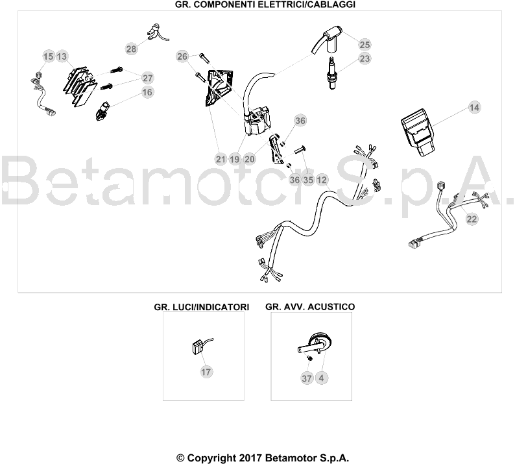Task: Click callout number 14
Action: pos(474,108)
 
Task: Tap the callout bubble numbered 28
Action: pos(132,49)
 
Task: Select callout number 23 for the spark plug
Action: pos(365,58)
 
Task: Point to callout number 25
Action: pos(365,44)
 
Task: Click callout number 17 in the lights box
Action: pos(206,372)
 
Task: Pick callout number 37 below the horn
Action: pos(307,378)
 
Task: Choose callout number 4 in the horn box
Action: pos(321,378)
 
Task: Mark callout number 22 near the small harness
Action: pos(472,219)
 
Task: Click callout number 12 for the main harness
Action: pos(322,180)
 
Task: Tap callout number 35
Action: pos(308,180)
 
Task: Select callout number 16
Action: pos(147,92)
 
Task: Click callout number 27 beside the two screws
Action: pos(148,78)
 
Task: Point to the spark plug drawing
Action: pos(332,73)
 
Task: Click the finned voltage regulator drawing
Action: pos(80,86)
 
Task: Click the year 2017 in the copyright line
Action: pos(250,458)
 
